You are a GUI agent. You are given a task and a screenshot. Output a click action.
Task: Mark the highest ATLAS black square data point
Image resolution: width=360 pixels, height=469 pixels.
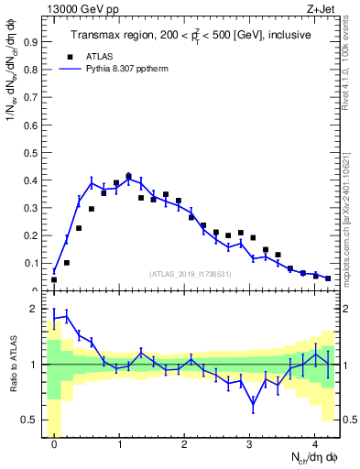(129, 176)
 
